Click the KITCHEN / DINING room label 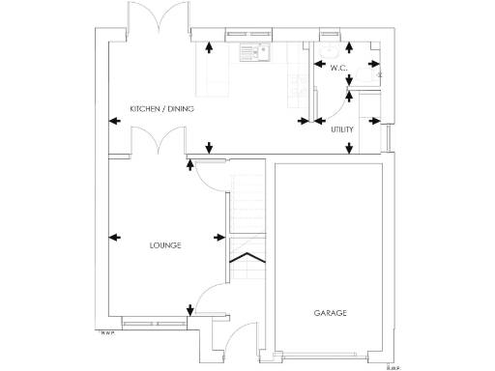(161, 109)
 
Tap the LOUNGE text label (165, 245)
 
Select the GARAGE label (330, 313)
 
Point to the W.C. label (337, 68)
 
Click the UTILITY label (341, 128)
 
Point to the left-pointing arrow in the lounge (116, 238)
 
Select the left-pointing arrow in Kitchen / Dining (114, 121)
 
